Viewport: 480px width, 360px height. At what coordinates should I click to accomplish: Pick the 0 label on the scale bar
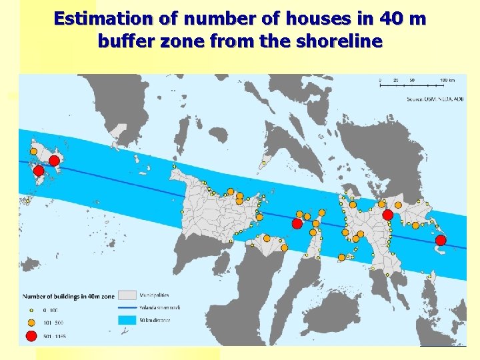pos(380,80)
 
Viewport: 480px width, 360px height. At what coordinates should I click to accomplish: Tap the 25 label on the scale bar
pos(396,80)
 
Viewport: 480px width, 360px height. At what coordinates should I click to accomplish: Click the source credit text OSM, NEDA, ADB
pos(434,99)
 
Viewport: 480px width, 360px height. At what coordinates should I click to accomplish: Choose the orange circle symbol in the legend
pos(31,322)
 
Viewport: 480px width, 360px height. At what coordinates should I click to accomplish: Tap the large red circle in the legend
pos(31,335)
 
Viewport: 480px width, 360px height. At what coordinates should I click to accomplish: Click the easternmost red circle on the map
pos(440,240)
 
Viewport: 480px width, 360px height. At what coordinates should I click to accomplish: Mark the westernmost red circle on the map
pos(39,171)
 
